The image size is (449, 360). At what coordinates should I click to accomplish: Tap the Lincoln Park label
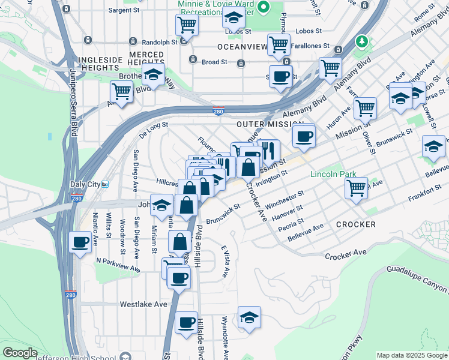333,175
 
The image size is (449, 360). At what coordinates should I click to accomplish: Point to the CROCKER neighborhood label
356,224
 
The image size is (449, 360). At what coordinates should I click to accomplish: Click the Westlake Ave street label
143,304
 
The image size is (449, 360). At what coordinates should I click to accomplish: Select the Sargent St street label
124,10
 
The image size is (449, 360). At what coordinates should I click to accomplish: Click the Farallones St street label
310,46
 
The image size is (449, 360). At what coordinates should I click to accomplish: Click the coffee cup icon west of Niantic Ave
80,242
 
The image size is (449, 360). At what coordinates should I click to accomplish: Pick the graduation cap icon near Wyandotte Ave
249,317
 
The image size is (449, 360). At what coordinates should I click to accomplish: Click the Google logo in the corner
19,353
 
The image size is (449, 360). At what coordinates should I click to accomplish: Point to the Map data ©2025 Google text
412,355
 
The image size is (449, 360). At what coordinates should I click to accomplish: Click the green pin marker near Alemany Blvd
361,41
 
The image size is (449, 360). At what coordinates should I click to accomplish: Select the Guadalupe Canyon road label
417,282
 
